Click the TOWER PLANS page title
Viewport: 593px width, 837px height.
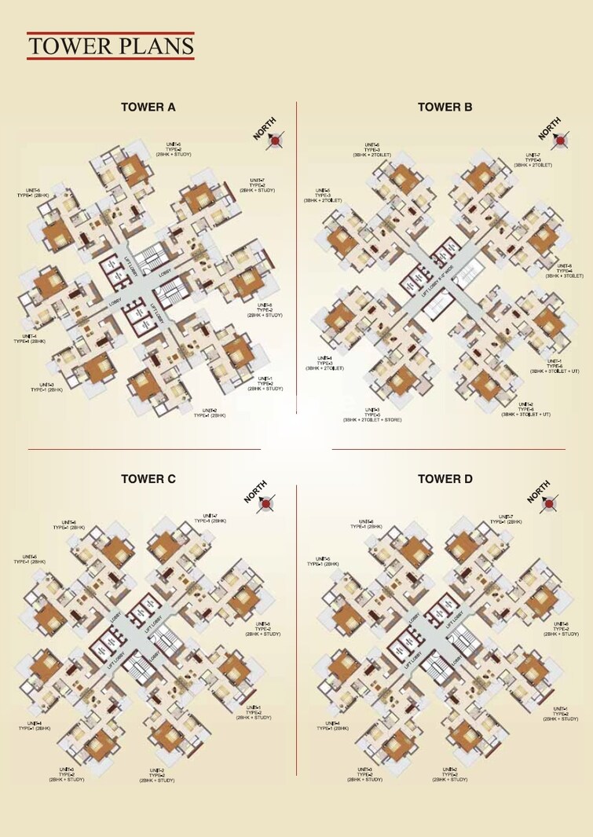coord(110,46)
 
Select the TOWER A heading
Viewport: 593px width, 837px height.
coord(148,108)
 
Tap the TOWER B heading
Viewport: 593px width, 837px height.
coord(445,108)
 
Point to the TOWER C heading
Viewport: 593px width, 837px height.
coord(148,479)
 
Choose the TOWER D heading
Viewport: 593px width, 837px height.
coord(445,479)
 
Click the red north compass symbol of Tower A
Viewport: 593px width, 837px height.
coord(276,141)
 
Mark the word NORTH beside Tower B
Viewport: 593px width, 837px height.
coord(549,128)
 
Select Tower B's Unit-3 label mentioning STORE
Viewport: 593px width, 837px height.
coord(372,415)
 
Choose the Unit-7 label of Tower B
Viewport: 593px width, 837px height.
coord(533,160)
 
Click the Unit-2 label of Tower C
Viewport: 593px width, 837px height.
coord(156,775)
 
